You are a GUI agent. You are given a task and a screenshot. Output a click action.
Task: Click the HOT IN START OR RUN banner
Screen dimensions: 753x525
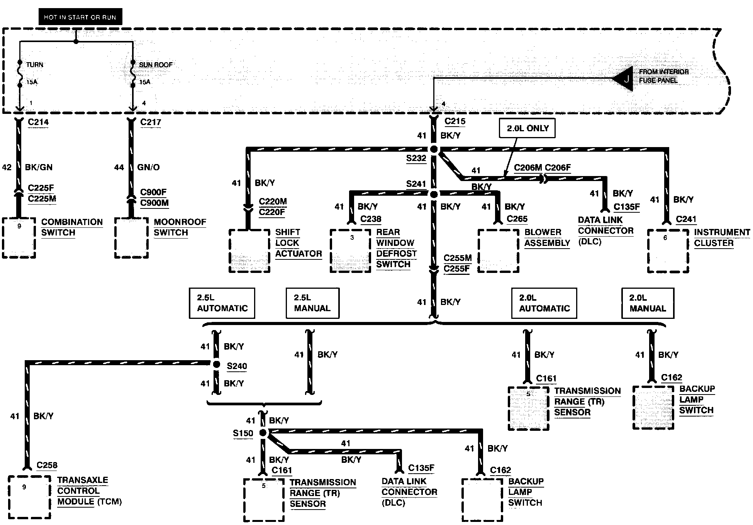(x=80, y=17)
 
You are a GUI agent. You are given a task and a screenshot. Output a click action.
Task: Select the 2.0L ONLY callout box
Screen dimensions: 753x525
(x=527, y=129)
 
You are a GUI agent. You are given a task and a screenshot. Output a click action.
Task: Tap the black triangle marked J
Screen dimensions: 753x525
(x=623, y=79)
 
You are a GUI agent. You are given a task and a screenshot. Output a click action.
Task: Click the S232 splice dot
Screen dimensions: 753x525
(x=434, y=149)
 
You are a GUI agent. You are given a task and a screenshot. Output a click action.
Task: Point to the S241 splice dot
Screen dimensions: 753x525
(x=434, y=194)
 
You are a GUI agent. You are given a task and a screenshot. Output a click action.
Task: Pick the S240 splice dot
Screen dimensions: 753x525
(x=217, y=364)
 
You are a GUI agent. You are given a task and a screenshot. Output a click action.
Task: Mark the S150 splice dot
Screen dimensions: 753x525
(x=263, y=433)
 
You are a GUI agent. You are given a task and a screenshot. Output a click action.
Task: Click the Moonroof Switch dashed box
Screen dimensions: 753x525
(x=131, y=238)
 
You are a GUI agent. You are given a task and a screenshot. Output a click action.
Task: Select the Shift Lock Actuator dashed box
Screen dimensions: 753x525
(x=249, y=251)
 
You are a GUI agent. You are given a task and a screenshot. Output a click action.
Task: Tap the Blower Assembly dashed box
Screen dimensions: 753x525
(x=499, y=251)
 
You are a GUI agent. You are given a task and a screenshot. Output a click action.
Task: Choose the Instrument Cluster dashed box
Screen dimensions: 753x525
(x=668, y=251)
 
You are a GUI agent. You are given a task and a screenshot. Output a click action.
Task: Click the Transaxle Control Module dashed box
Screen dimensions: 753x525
(x=30, y=497)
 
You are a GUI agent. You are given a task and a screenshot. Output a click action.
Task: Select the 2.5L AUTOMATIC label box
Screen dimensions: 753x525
(x=222, y=303)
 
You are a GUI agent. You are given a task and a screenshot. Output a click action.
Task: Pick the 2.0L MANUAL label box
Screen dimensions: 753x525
(x=648, y=303)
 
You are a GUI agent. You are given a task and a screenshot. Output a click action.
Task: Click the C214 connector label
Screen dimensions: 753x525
(x=38, y=122)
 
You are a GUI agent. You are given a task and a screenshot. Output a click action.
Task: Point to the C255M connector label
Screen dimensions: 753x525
(x=458, y=258)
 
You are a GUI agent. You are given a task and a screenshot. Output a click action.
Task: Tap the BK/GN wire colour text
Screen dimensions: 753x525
(x=39, y=167)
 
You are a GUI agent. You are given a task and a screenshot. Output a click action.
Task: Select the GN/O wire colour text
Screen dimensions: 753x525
(x=148, y=167)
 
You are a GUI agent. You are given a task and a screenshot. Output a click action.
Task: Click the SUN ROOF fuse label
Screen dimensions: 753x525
(x=156, y=64)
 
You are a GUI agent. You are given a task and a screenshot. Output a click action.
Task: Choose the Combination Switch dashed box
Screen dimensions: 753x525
(x=19, y=238)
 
